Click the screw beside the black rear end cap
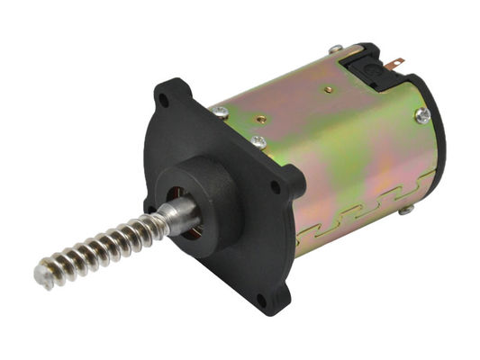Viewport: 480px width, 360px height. [421, 114]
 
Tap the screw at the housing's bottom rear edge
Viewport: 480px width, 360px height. [407, 210]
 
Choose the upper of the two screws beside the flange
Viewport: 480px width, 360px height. [221, 112]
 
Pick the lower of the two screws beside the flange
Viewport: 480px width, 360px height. [258, 141]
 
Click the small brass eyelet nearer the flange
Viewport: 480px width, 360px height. [260, 118]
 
